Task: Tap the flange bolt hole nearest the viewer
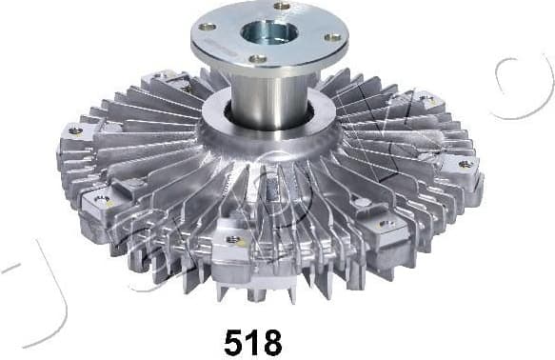coord(258,59)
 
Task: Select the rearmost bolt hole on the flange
coord(281,7)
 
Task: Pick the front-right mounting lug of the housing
coord(386,225)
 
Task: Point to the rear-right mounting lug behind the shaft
coord(424,100)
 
